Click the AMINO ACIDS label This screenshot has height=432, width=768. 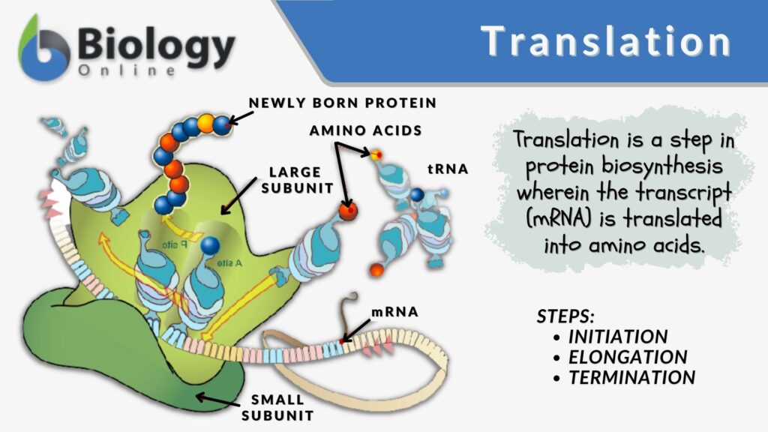[365, 130]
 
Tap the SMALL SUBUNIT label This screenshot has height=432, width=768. [278, 406]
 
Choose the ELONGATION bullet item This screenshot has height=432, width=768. [628, 357]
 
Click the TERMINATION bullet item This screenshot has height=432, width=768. [631, 377]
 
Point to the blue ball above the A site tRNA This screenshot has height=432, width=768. [210, 245]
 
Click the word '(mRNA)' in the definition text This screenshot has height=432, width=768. [556, 222]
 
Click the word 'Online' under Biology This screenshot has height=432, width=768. [127, 70]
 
